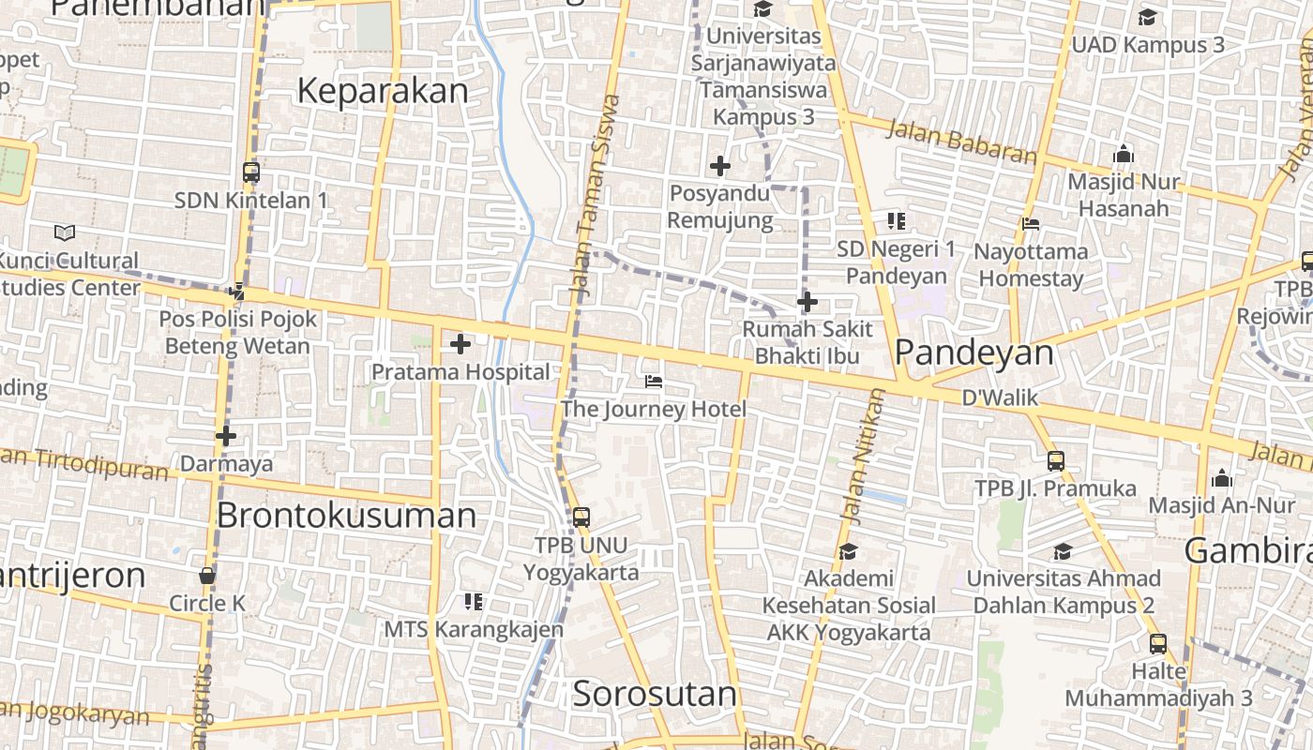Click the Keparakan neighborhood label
pyautogui.click(x=382, y=91)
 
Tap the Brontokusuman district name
pyautogui.click(x=346, y=516)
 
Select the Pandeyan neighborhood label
pyautogui.click(x=973, y=352)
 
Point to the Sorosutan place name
pyautogui.click(x=654, y=695)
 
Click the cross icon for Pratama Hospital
pyautogui.click(x=460, y=344)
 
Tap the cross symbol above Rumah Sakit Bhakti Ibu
pyautogui.click(x=807, y=302)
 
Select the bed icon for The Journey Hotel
pyautogui.click(x=654, y=382)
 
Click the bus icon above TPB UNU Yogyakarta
pyautogui.click(x=581, y=517)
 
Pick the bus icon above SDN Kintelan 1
pyautogui.click(x=250, y=172)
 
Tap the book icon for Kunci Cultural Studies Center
pyautogui.click(x=65, y=232)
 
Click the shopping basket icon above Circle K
pyautogui.click(x=207, y=576)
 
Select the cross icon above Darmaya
pyautogui.click(x=226, y=436)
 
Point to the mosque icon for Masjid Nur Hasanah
pyautogui.click(x=1124, y=154)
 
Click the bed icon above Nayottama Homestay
pyautogui.click(x=1031, y=223)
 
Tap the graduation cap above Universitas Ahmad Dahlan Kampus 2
pyautogui.click(x=1063, y=551)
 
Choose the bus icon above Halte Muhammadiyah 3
pyautogui.click(x=1158, y=644)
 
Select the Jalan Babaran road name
pyautogui.click(x=960, y=142)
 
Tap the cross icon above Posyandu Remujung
pyautogui.click(x=719, y=166)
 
